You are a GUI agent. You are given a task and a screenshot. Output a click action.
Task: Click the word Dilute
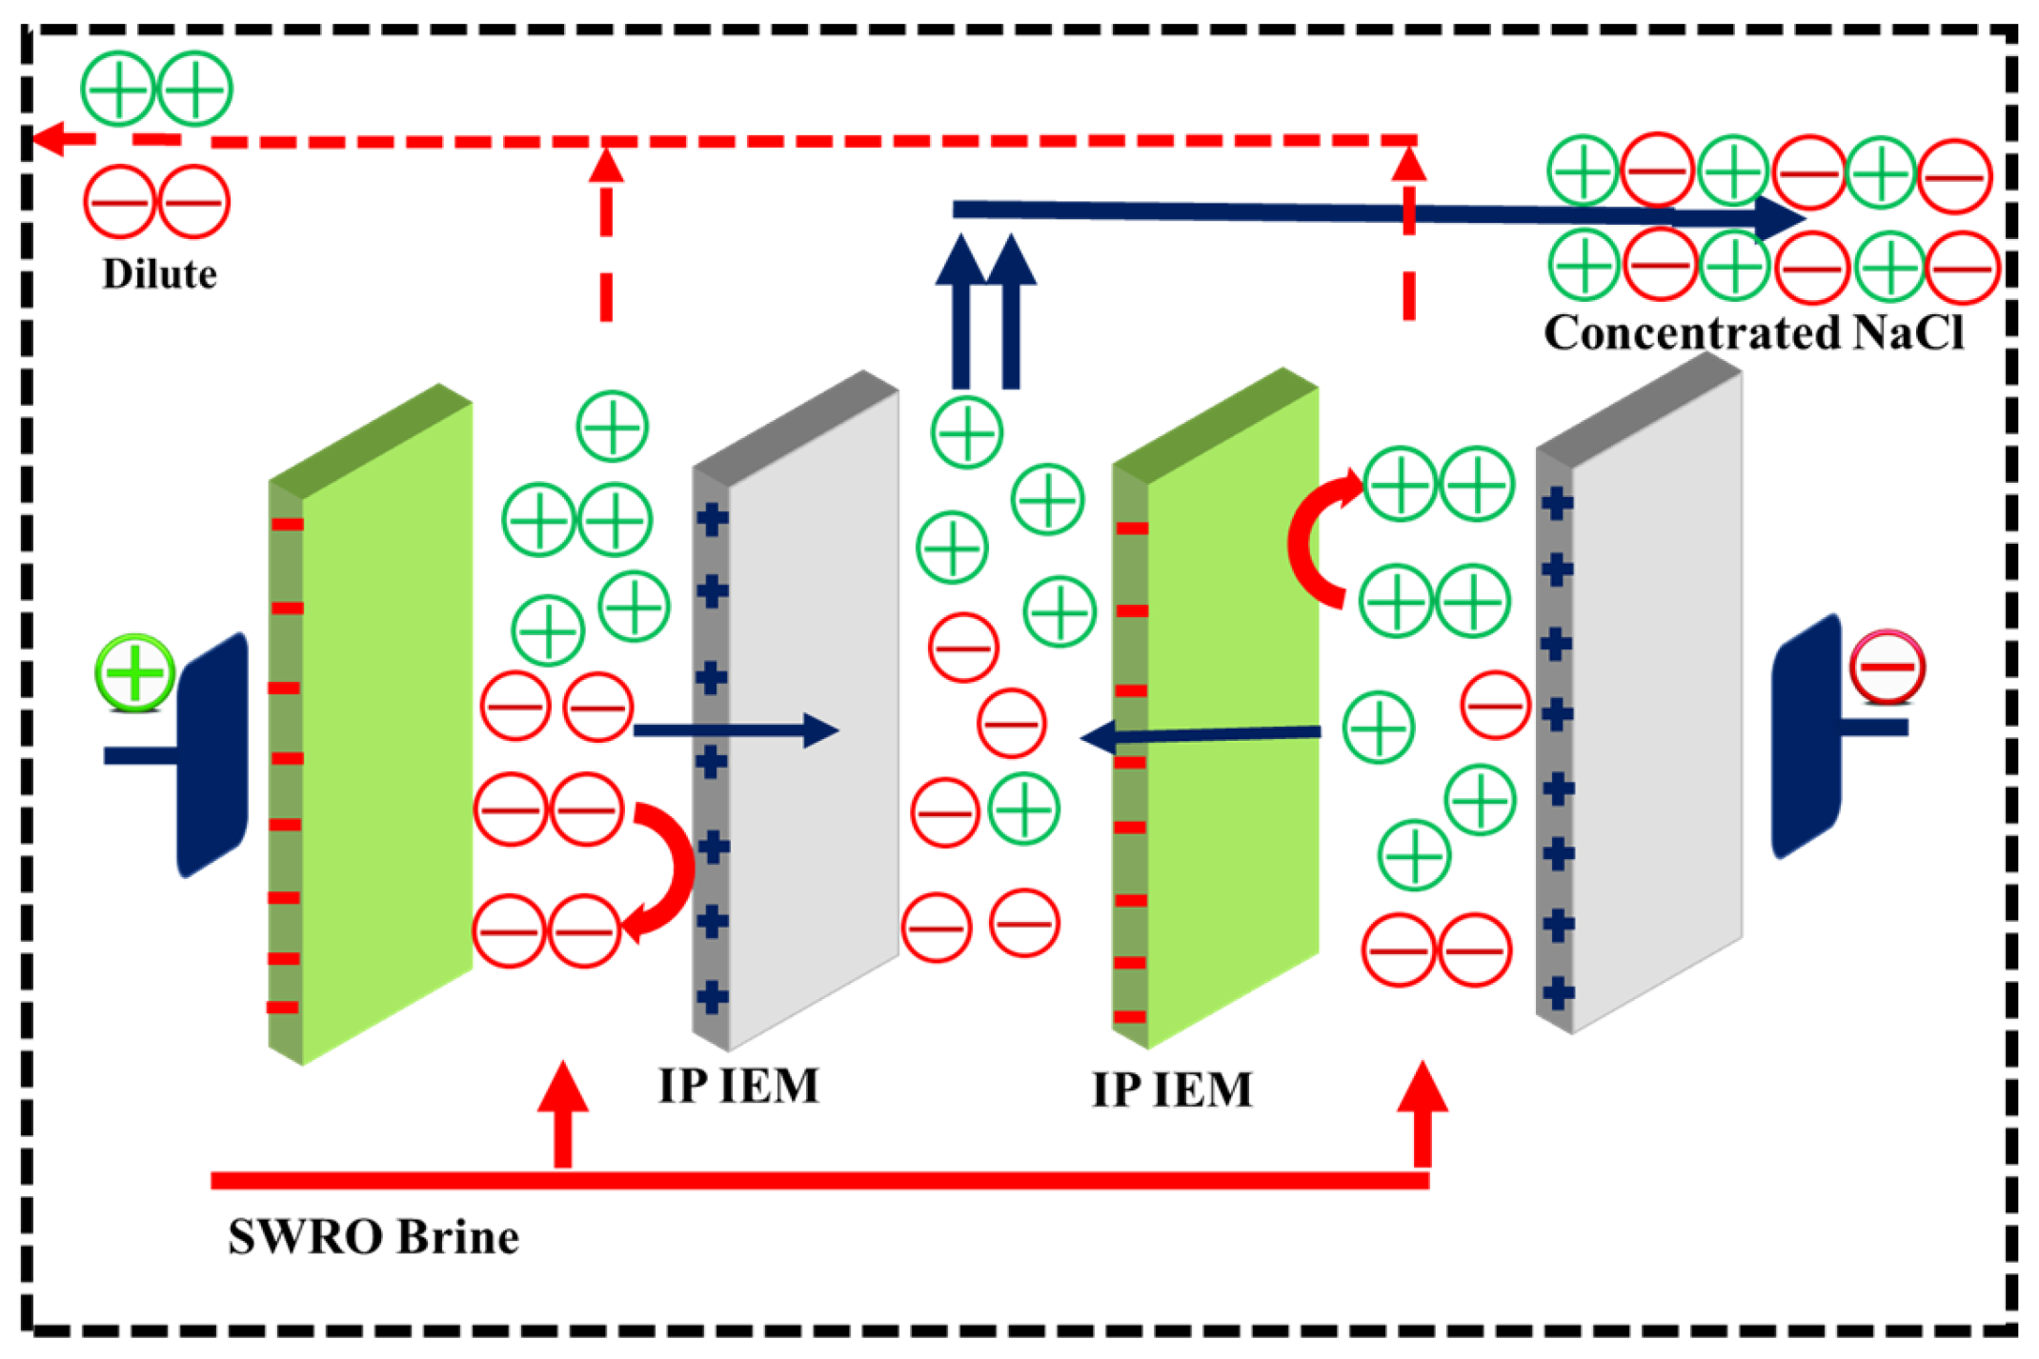pyautogui.click(x=159, y=275)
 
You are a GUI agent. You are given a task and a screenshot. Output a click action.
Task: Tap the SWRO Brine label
pyautogui.click(x=373, y=1238)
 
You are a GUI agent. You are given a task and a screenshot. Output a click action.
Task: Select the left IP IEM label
pyautogui.click(x=738, y=1087)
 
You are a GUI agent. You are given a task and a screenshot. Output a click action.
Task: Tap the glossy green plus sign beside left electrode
pyautogui.click(x=134, y=671)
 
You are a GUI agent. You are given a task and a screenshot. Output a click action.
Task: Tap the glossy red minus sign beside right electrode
pyautogui.click(x=1887, y=667)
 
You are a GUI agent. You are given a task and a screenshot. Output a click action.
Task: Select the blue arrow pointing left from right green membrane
pyautogui.click(x=1201, y=735)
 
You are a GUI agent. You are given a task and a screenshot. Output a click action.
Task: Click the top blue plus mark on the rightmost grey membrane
pyautogui.click(x=1557, y=503)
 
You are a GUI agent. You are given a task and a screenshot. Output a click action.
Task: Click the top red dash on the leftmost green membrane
pyautogui.click(x=287, y=525)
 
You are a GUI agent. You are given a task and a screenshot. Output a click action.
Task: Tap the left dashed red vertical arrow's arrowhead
pyautogui.click(x=606, y=166)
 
